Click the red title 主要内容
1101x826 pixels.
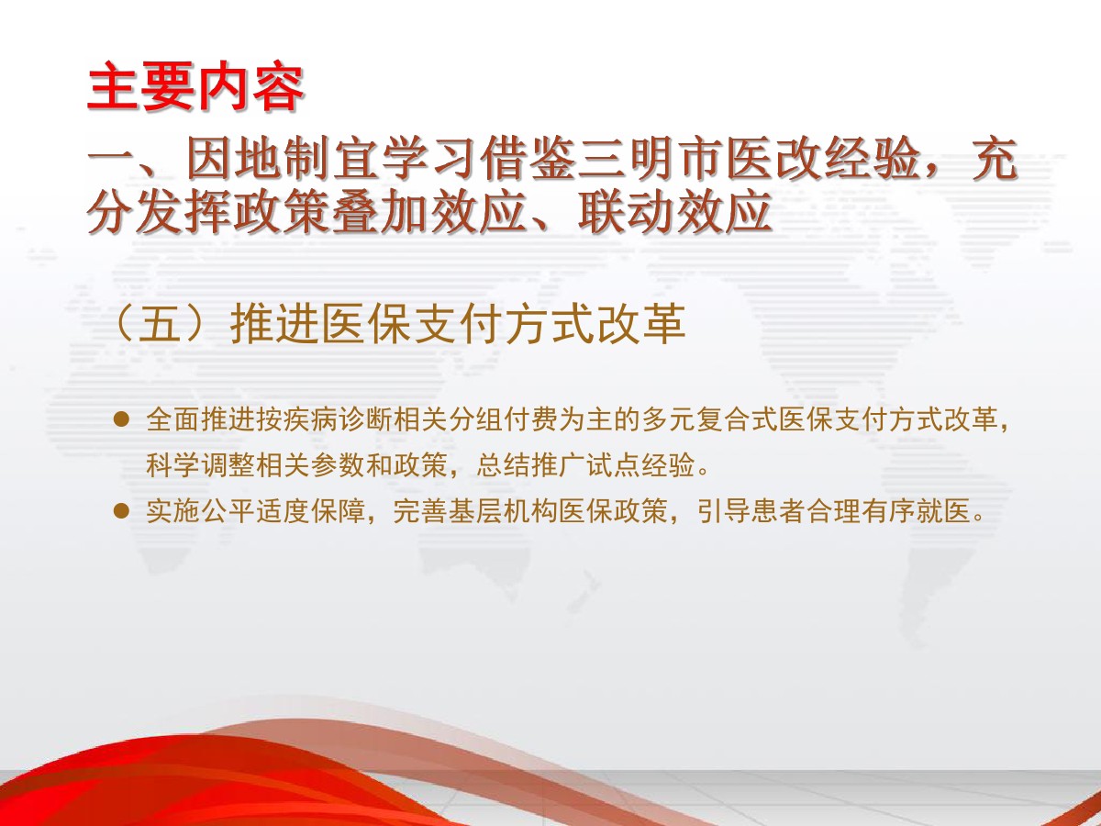[195, 86]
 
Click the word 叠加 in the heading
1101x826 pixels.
[380, 213]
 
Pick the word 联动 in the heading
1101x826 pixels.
[626, 213]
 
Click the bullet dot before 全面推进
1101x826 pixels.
[121, 419]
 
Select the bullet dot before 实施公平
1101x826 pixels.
[121, 511]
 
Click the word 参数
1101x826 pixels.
[338, 466]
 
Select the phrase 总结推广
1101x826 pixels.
[531, 466]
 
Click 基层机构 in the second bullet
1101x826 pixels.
[503, 511]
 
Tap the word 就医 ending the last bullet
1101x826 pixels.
[943, 511]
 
